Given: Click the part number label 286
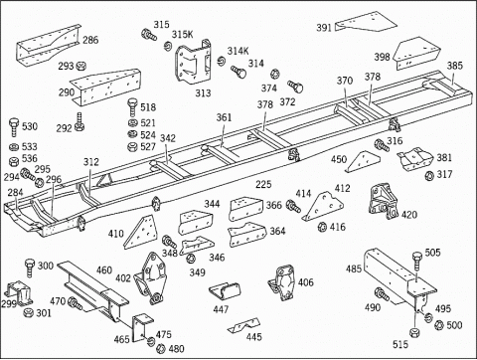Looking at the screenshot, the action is point(90,40).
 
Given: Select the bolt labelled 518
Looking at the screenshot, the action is point(132,107).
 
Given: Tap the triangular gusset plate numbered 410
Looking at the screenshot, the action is point(140,232).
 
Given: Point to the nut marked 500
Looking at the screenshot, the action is point(439,325).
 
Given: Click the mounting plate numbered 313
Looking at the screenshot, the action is point(192,64).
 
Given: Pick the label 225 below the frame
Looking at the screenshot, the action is point(263,184).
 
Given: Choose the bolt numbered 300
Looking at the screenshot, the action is point(30,269).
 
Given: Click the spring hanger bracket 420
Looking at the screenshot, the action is point(384,200).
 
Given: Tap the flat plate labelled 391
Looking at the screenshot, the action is point(366,22).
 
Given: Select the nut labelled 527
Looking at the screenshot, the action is point(132,146).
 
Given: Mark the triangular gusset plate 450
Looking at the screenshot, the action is point(363,161).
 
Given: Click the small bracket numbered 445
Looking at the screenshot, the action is point(243,326).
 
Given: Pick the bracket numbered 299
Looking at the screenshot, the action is point(19,293).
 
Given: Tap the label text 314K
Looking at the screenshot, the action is point(238,51).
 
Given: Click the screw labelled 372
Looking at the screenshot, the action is point(295,87).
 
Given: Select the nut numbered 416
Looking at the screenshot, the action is point(322,228).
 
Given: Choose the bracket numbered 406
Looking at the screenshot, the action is point(281,281).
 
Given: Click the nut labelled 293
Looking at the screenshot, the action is point(80,66).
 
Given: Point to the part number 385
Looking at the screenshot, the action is point(454,66).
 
